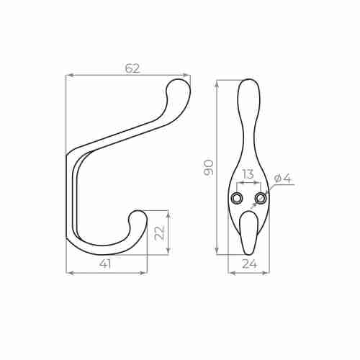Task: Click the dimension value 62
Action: [x=132, y=68]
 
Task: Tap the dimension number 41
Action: [x=105, y=264]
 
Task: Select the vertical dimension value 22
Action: [x=160, y=232]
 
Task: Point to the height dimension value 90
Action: [x=209, y=167]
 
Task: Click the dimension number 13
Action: [x=248, y=174]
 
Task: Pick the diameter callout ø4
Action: [x=282, y=179]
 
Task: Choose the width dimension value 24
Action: [x=249, y=264]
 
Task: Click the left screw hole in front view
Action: [x=237, y=198]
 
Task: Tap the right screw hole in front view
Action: [x=260, y=198]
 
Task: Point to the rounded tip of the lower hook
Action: [x=138, y=217]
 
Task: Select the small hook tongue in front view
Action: [x=248, y=230]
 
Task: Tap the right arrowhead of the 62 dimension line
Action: [x=188, y=74]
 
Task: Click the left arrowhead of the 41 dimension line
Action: [x=68, y=272]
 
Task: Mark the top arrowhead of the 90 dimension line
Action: [x=217, y=82]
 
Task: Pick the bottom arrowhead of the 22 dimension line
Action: [x=168, y=251]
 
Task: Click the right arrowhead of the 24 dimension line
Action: [x=266, y=272]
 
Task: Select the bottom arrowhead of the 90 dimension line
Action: [x=217, y=252]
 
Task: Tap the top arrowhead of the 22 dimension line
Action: [x=168, y=212]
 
